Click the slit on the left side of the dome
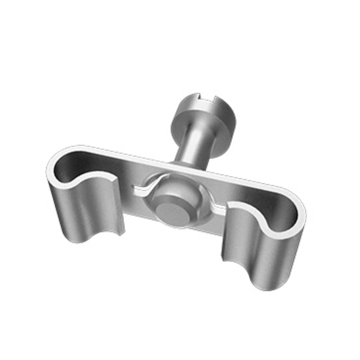pos(142,188)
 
